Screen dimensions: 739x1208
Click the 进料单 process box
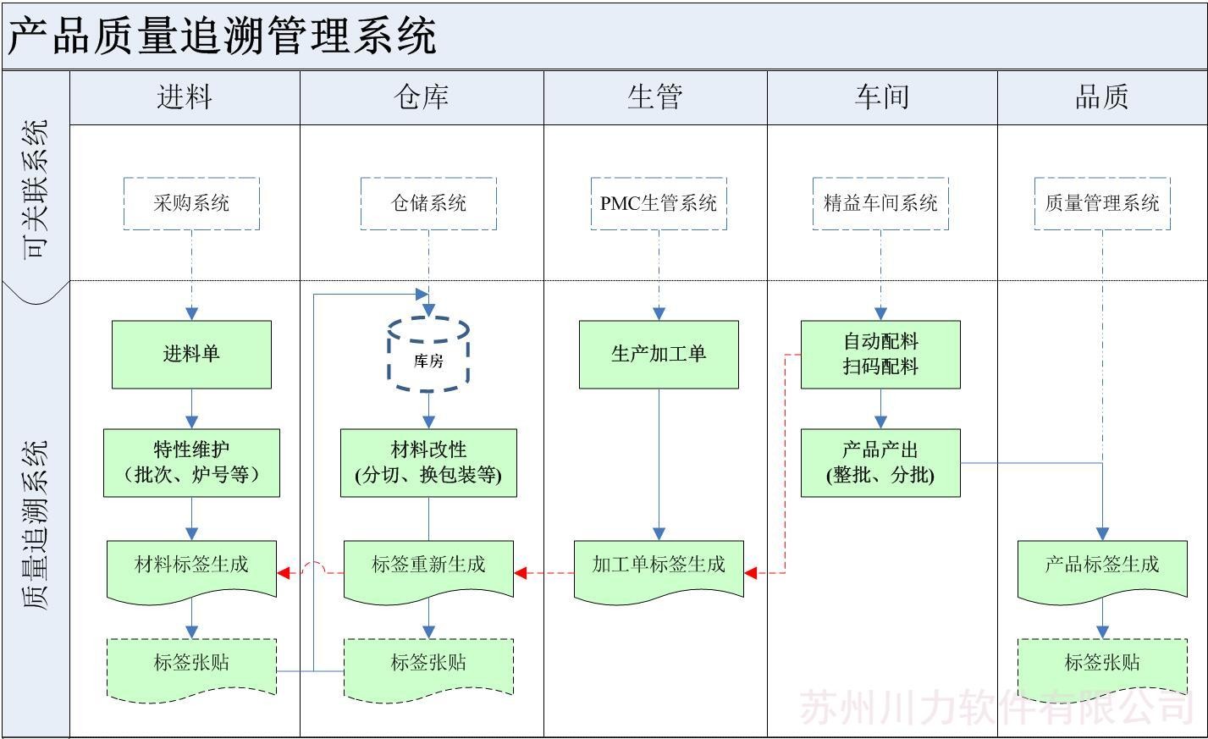point(191,354)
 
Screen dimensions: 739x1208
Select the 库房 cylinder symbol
point(428,356)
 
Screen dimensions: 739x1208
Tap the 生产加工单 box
point(659,354)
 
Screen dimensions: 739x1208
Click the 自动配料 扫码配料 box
point(880,354)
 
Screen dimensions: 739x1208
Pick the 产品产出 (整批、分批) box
point(880,462)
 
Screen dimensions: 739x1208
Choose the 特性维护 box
point(191,462)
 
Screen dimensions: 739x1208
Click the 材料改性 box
point(428,462)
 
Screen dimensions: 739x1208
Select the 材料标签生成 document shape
point(191,569)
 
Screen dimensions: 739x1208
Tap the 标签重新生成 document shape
point(428,569)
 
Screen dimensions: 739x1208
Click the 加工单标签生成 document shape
point(659,569)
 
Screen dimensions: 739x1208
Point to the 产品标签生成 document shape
point(1102,569)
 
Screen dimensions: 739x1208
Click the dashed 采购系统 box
point(191,203)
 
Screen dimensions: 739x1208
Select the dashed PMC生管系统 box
point(659,203)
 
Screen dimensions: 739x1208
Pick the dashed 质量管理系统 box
point(1102,203)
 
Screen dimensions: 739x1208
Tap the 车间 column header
point(882,97)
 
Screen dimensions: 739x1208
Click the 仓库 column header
point(422,97)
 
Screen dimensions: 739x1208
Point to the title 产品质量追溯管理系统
point(223,36)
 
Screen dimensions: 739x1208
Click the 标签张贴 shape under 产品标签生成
point(1102,665)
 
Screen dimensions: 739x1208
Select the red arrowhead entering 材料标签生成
point(285,573)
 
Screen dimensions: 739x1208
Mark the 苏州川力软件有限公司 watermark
point(996,708)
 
